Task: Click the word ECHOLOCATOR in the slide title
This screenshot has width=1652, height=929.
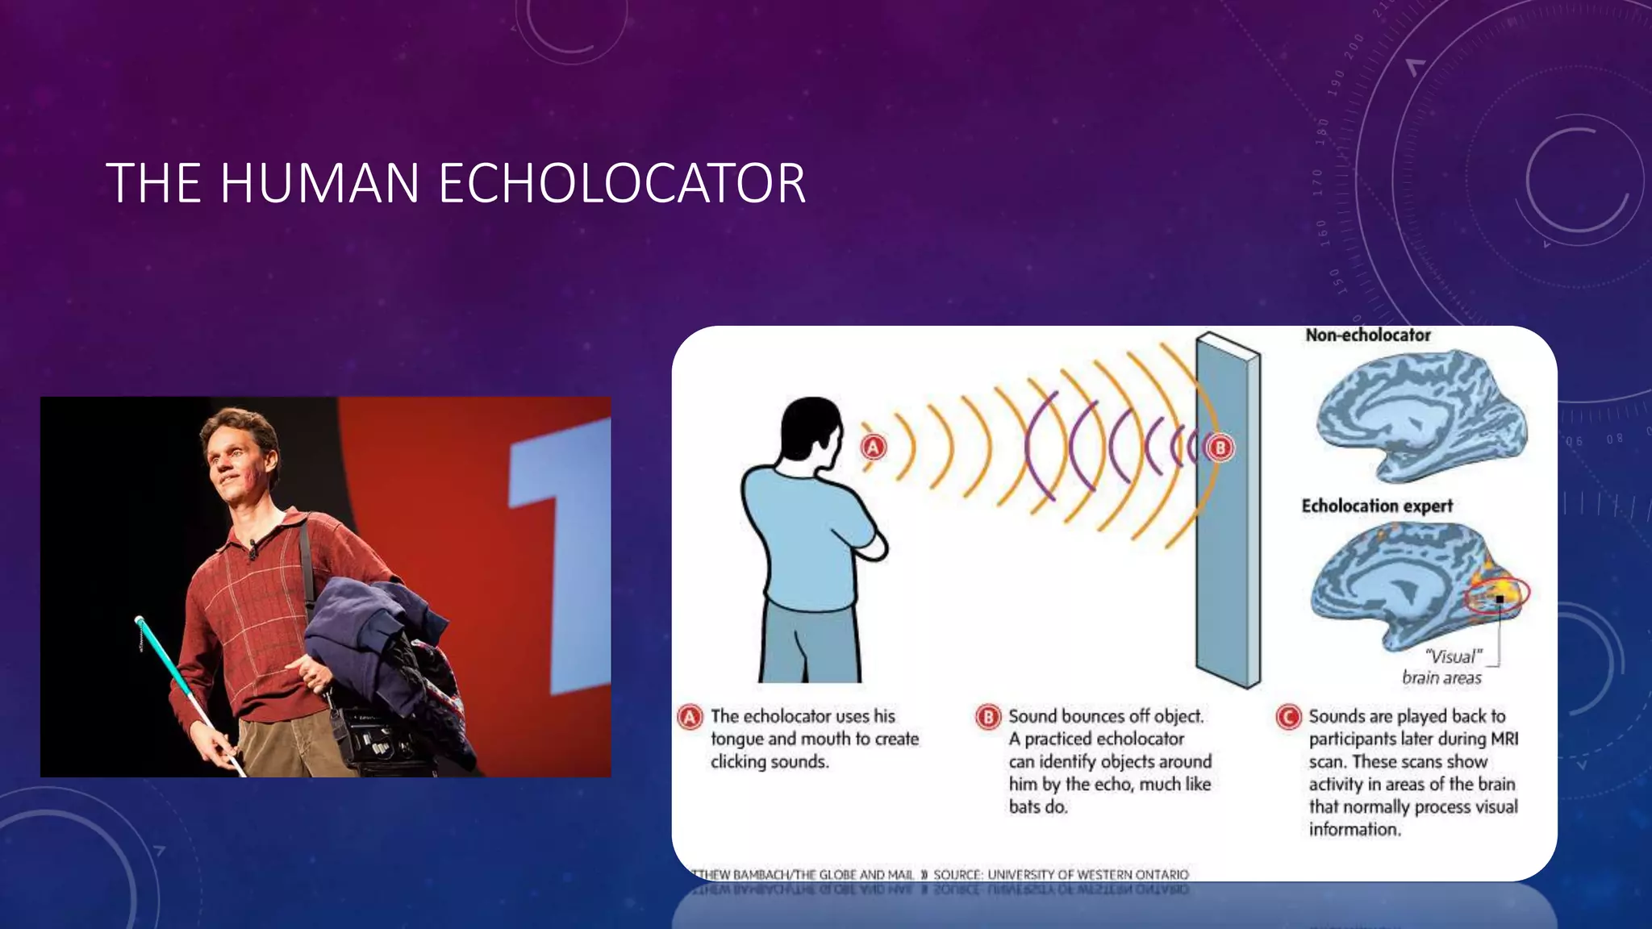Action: [x=622, y=184]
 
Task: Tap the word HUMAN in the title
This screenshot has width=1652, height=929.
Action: [x=319, y=184]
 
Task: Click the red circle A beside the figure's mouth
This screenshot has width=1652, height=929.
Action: [x=873, y=447]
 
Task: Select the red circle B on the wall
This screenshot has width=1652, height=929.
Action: [x=1220, y=448]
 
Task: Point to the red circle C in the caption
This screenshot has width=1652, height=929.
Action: [x=1288, y=717]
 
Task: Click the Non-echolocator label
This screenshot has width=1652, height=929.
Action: [x=1367, y=335]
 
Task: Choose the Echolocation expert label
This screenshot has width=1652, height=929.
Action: [x=1376, y=506]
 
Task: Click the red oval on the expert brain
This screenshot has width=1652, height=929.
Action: [x=1497, y=596]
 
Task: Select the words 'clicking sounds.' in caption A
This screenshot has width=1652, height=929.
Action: [x=769, y=762]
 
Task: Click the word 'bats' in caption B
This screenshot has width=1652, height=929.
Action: [x=1024, y=807]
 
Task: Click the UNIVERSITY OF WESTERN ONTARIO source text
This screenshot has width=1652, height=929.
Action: [x=1087, y=875]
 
